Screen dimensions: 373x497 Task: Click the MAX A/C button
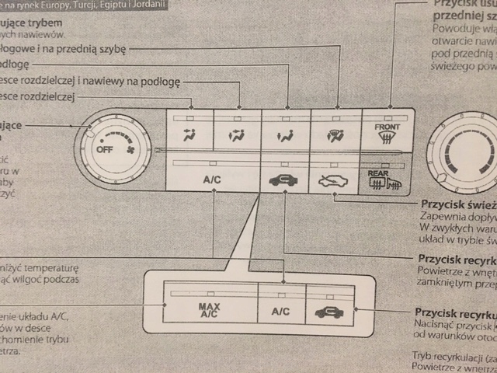(x=210, y=310)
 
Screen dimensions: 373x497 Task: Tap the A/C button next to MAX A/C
(x=280, y=311)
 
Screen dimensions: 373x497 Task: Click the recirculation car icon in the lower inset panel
(x=329, y=312)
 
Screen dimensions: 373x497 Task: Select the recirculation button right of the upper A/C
(x=283, y=180)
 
